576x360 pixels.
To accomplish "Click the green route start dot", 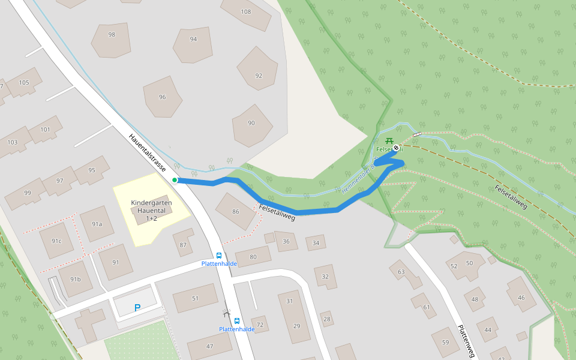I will (x=175, y=179).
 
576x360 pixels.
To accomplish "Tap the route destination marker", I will (x=396, y=148).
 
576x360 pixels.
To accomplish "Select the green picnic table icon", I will (x=387, y=141).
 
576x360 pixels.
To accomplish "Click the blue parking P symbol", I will (x=137, y=308).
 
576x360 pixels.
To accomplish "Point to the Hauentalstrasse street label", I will (x=147, y=153).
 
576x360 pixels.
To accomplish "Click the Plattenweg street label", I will (x=466, y=341).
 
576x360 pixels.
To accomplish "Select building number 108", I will (x=246, y=12).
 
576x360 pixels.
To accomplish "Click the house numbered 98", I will (x=112, y=35).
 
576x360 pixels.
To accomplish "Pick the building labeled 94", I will (x=193, y=40).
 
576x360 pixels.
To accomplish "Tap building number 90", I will (x=251, y=123).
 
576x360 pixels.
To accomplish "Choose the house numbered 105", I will (x=24, y=83).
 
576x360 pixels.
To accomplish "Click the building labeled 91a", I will (x=97, y=224).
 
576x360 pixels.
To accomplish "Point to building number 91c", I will (x=56, y=241).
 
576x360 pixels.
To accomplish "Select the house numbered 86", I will (x=235, y=211).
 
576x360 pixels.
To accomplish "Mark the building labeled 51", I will (x=195, y=298).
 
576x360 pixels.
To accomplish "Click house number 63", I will (x=401, y=272).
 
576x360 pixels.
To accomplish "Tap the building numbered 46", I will (x=521, y=298).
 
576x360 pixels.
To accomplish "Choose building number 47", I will (x=209, y=346).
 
